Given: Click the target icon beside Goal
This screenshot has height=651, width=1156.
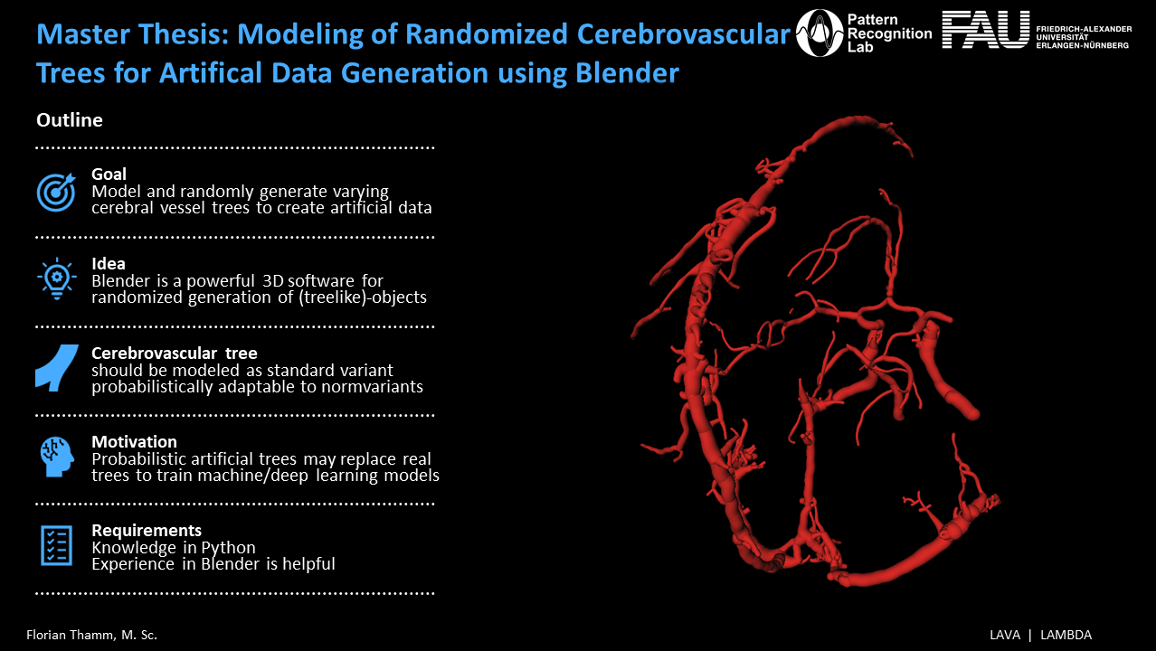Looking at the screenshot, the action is (56, 192).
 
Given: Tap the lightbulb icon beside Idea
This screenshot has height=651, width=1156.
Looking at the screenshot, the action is (57, 278).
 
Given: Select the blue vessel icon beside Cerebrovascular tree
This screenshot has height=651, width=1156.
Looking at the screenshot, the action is (57, 368).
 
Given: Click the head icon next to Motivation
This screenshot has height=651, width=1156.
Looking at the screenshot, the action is (57, 457).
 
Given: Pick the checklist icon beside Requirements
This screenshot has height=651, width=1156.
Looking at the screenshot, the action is (56, 546).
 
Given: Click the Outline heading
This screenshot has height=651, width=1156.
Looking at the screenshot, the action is (69, 120).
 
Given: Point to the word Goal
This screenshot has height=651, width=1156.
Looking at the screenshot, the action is (109, 175).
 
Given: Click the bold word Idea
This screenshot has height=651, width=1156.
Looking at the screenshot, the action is (109, 264).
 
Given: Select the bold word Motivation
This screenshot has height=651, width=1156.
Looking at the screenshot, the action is (134, 441).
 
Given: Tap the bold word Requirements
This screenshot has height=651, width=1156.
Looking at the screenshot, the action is (147, 530).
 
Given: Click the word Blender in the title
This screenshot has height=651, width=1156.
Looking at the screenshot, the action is (627, 72).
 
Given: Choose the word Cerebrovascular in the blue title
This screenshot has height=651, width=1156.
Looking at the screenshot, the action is (684, 34).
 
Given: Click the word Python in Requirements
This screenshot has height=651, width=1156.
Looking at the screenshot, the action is (228, 548).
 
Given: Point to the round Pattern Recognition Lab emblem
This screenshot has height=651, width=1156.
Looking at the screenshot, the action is (820, 33).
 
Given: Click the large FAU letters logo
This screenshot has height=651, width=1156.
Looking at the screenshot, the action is (986, 30).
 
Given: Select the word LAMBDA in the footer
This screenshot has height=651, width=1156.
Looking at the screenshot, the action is (1066, 635).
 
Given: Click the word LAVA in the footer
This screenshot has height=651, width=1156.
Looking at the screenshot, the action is (1005, 635).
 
